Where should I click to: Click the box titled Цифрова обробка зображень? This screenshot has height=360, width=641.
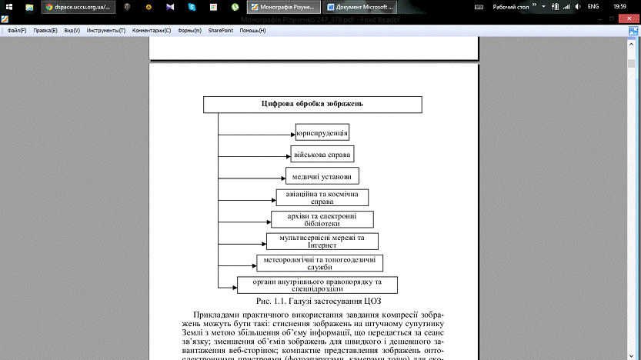tap(312, 104)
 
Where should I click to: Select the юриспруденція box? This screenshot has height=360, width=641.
tap(322, 132)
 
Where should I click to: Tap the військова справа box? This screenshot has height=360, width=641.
tap(322, 154)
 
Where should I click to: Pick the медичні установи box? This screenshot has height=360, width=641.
tap(322, 175)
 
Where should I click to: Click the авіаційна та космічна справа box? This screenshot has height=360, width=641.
tap(322, 198)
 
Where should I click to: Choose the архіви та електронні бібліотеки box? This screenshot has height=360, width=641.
tap(322, 219)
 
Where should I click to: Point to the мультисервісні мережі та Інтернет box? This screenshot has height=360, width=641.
tap(322, 242)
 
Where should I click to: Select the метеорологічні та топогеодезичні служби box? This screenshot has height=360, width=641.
tap(319, 263)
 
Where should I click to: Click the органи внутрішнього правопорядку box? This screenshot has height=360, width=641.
tap(316, 285)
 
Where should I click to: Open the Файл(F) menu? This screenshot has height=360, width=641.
tap(17, 31)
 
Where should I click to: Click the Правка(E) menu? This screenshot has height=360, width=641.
tap(45, 31)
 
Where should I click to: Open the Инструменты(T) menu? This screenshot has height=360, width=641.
tap(106, 31)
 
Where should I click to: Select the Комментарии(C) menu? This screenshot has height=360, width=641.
tap(151, 31)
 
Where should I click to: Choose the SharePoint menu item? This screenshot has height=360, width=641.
tap(221, 31)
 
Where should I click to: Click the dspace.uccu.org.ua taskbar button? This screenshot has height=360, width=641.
tap(78, 7)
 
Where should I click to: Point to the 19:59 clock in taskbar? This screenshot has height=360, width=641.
tap(619, 7)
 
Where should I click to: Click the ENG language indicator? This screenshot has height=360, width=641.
tap(593, 7)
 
